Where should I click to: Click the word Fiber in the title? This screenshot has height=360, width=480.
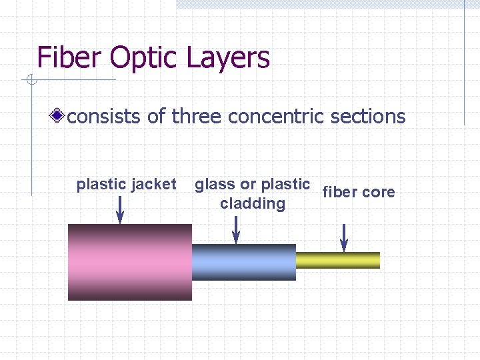click(x=70, y=58)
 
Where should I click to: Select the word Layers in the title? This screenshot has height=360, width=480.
click(x=229, y=58)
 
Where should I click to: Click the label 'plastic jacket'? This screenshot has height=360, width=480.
click(x=127, y=184)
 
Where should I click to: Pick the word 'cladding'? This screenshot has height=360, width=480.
click(x=253, y=203)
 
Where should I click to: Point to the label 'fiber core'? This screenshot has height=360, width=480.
click(x=359, y=192)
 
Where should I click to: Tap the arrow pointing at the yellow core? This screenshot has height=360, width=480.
click(x=344, y=237)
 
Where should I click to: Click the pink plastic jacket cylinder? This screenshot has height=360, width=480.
click(x=129, y=262)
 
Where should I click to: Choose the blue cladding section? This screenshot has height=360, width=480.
click(x=243, y=262)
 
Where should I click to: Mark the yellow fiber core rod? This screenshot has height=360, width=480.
click(x=337, y=260)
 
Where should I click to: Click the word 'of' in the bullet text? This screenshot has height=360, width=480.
click(x=157, y=117)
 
